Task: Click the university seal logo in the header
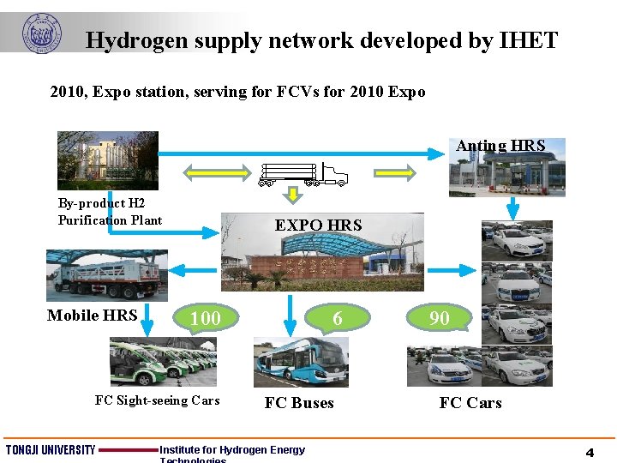pyautogui.click(x=41, y=33)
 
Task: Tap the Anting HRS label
pyautogui.click(x=500, y=146)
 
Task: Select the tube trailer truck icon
pyautogui.click(x=304, y=175)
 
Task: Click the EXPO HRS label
pyautogui.click(x=318, y=225)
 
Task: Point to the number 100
pyautogui.click(x=205, y=319)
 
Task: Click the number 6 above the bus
pyautogui.click(x=338, y=318)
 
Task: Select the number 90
pyautogui.click(x=440, y=318)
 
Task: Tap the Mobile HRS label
pyautogui.click(x=92, y=316)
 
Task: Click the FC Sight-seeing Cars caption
pyautogui.click(x=157, y=400)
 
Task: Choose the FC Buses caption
pyautogui.click(x=299, y=403)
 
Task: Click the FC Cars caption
pyautogui.click(x=470, y=403)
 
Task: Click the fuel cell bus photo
pyautogui.click(x=301, y=362)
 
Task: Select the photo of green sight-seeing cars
pyautogui.click(x=163, y=361)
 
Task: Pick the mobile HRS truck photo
pyautogui.click(x=106, y=275)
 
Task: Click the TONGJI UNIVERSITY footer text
pyautogui.click(x=51, y=450)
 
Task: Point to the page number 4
pyautogui.click(x=590, y=452)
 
